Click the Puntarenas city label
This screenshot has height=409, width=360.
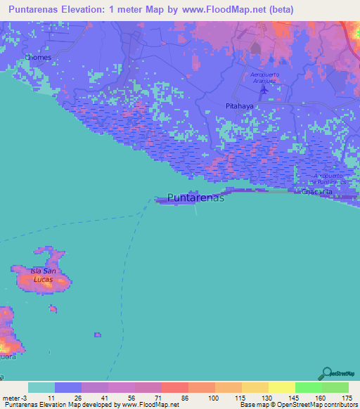196,198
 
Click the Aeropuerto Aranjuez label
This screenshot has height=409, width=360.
270,78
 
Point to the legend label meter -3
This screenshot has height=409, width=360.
13,398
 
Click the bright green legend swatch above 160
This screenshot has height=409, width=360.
308,387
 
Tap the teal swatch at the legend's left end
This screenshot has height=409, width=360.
41,387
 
